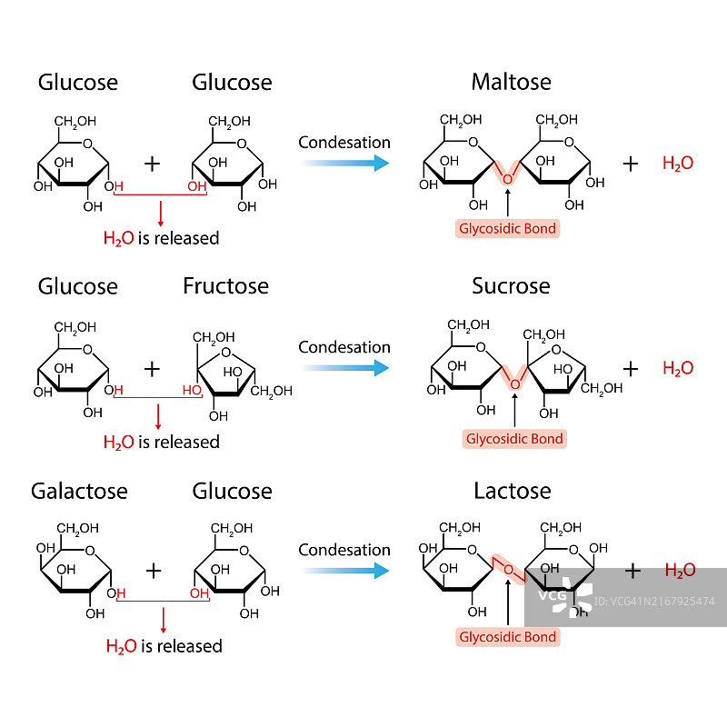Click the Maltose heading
point(511,82)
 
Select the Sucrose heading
point(511,286)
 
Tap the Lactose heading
point(512,491)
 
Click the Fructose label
point(225,286)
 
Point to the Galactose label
point(79,491)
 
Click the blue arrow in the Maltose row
point(345,163)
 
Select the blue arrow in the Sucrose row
point(345,368)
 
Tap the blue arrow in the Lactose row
point(345,571)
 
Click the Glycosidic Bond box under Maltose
point(507,228)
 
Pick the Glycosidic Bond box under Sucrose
point(514,439)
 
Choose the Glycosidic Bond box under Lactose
point(508,637)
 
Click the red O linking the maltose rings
point(507,179)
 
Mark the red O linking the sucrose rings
point(514,384)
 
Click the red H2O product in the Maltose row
point(678,164)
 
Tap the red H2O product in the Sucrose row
point(678,368)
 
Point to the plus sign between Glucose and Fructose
point(152,368)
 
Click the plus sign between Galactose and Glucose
point(154,571)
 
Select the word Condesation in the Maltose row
point(344,143)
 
